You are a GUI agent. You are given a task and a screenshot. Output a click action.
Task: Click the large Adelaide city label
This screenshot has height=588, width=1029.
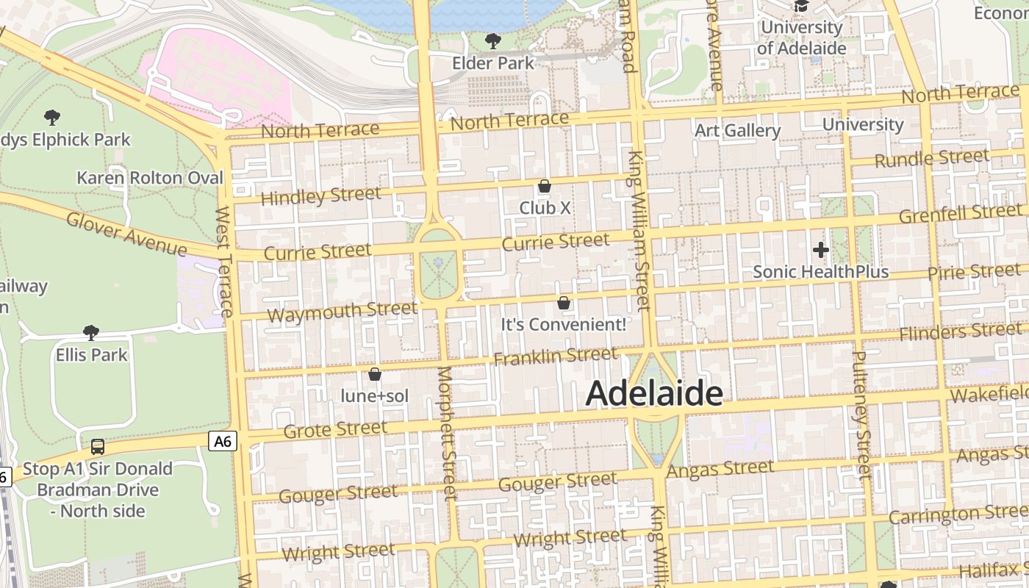point(654,394)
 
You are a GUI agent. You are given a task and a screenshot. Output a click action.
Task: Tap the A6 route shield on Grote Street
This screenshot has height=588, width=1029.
point(223,441)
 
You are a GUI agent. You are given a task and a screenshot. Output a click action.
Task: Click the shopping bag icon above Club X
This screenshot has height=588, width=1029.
point(545,186)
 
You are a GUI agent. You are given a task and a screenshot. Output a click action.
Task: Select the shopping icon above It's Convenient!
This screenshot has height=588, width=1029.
point(564,302)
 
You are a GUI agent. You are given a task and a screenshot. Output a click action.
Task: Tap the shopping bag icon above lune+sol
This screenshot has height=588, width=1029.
point(375,374)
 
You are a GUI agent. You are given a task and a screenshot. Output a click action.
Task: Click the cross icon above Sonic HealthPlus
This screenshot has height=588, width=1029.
point(821,251)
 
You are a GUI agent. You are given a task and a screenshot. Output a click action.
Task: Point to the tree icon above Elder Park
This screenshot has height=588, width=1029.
point(493,40)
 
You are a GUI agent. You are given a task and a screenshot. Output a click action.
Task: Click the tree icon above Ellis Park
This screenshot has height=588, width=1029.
point(91,333)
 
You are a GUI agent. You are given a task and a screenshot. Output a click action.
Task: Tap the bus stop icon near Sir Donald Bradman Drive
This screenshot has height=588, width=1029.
point(97,446)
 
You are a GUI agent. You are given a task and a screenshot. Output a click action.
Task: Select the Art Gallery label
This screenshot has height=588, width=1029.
point(738,131)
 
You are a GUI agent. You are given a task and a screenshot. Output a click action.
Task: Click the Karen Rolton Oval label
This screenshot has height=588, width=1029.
point(150,178)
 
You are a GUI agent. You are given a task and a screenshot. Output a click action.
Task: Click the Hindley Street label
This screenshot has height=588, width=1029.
point(321,196)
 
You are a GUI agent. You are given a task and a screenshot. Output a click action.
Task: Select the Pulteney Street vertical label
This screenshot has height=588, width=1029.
point(861,415)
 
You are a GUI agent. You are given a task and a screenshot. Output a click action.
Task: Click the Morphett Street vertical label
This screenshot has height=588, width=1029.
point(447,434)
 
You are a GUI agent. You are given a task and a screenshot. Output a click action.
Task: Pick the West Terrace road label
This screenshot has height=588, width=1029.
point(224,261)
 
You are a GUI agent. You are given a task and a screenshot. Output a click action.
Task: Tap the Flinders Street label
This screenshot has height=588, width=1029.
point(961,331)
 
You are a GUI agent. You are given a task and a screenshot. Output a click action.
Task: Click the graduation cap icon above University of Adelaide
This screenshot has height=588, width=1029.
point(801,6)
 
